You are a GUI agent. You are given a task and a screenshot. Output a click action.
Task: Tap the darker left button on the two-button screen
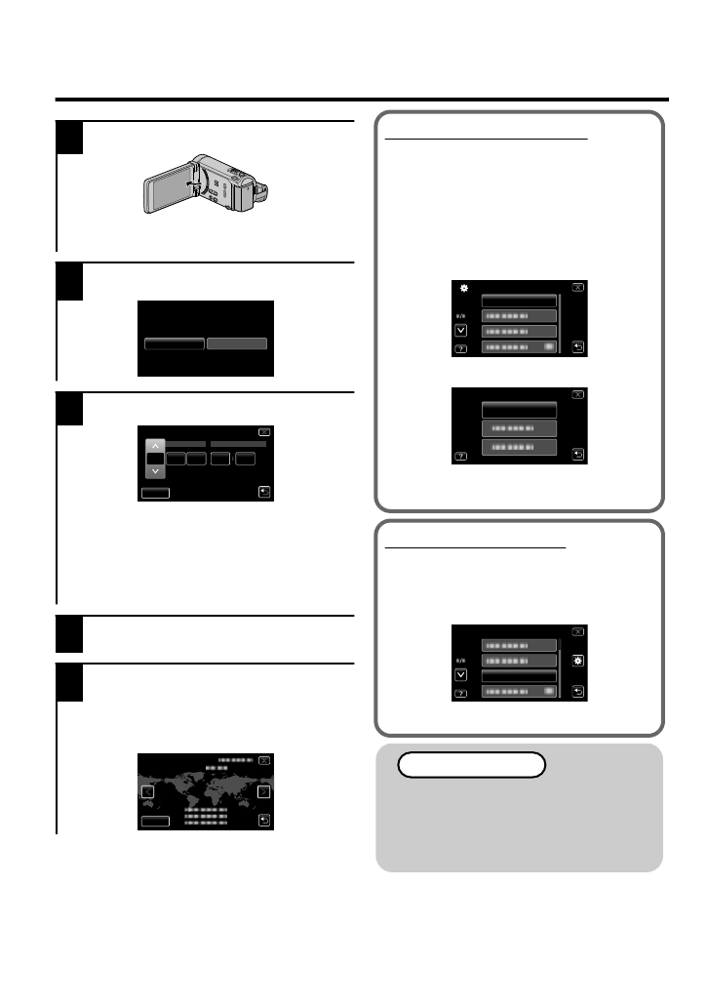coord(175,343)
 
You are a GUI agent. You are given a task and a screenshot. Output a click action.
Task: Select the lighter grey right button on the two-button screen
coord(236,343)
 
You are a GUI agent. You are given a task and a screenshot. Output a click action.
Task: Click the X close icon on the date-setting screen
coord(263,431)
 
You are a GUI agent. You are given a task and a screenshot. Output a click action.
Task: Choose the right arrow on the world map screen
coord(263,792)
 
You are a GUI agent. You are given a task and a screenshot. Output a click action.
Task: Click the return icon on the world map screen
coord(263,821)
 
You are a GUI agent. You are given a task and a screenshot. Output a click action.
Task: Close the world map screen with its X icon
coord(263,760)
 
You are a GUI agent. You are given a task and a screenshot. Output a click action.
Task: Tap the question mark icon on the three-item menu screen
coord(460,455)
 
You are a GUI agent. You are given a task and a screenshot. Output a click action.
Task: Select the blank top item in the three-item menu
coord(519,410)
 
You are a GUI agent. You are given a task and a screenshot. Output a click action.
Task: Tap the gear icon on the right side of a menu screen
coord(578,661)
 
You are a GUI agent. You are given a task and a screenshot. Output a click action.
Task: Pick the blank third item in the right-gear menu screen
coord(519,675)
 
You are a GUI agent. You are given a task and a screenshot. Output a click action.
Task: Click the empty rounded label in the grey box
coord(471,764)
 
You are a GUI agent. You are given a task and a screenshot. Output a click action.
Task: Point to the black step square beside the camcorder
coord(69,138)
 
